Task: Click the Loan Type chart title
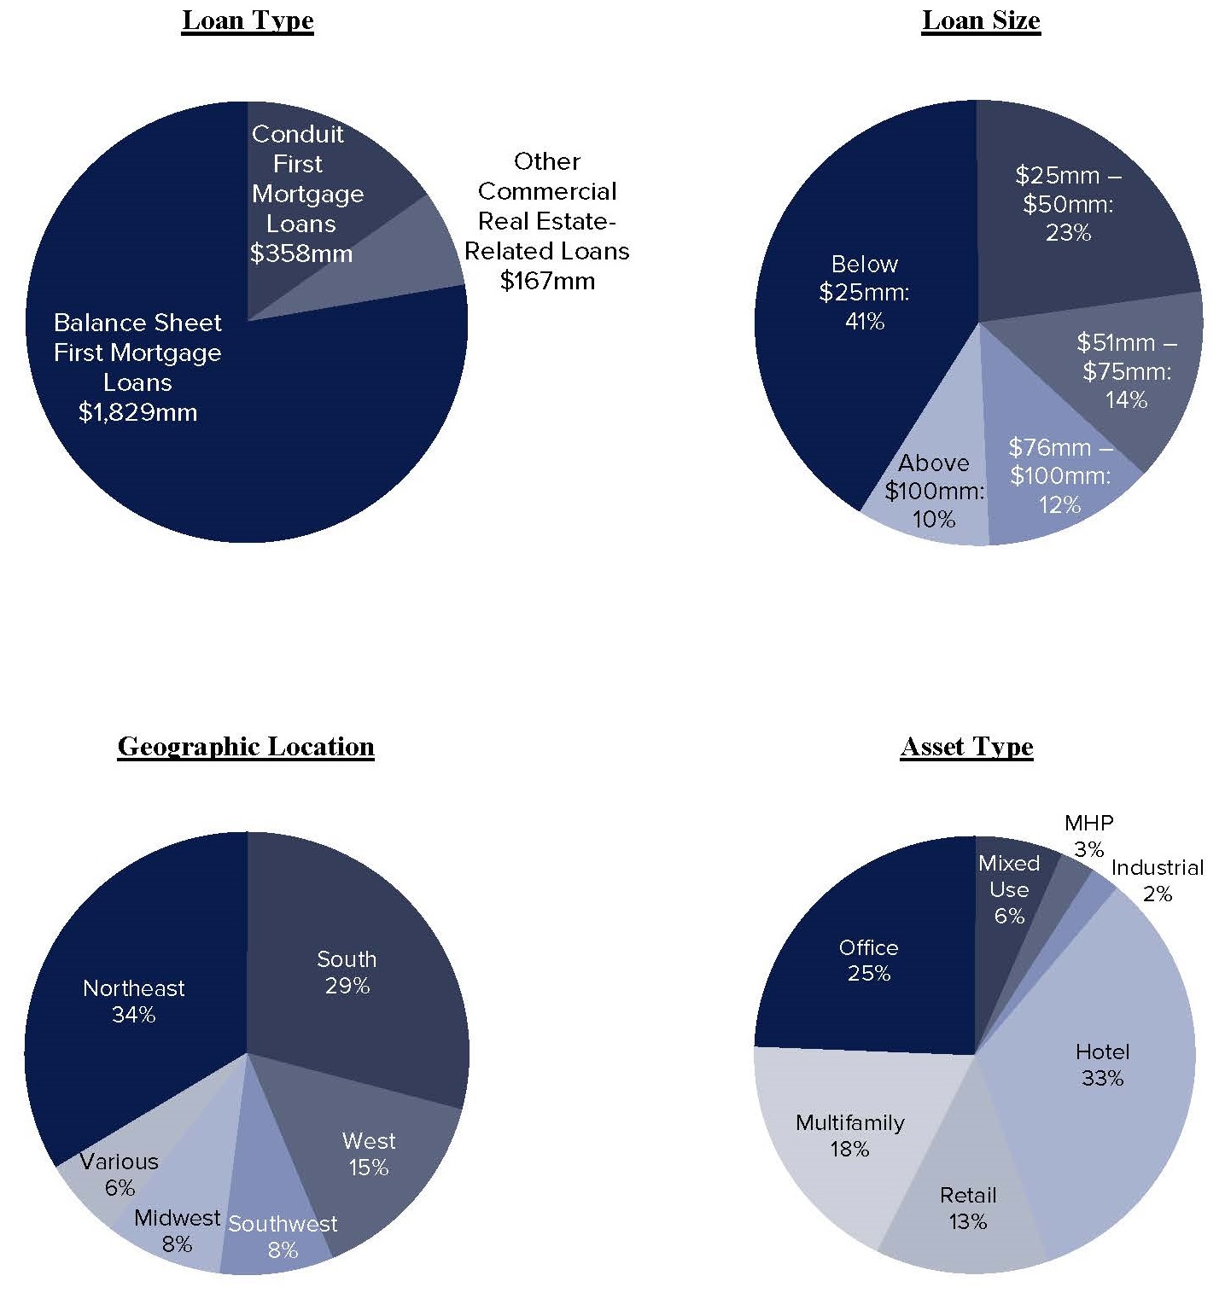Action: [x=248, y=20]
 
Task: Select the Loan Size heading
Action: [x=981, y=20]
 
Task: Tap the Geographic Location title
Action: [x=246, y=746]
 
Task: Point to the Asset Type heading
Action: [x=966, y=746]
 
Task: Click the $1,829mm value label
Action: [x=137, y=413]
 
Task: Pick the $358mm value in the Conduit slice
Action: [x=300, y=253]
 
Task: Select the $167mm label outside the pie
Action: [x=547, y=281]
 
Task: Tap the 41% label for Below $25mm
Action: [x=864, y=322]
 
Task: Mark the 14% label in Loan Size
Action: [x=1126, y=399]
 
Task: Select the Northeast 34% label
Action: [x=134, y=1001]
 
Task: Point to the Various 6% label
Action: [x=120, y=1174]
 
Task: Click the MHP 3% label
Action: [x=1088, y=836]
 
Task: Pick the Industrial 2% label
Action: [x=1157, y=880]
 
